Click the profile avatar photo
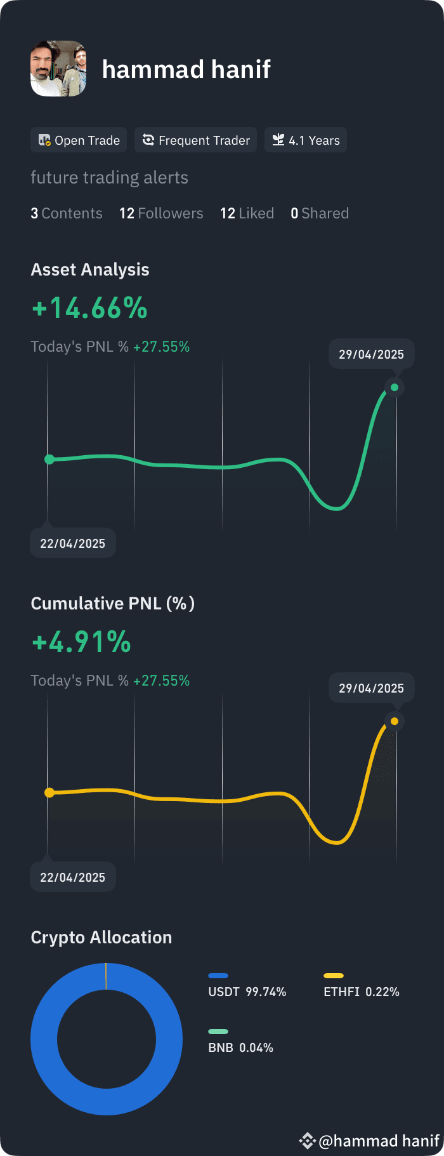click(x=58, y=69)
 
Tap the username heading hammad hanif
click(x=186, y=69)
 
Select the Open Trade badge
click(x=79, y=140)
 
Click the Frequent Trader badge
click(x=196, y=140)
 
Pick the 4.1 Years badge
click(x=306, y=140)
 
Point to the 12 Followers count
click(x=161, y=213)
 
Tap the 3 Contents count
click(x=67, y=213)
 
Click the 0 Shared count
click(x=320, y=213)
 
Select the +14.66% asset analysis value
click(x=89, y=309)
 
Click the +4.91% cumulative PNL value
click(x=81, y=642)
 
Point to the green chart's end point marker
click(x=395, y=387)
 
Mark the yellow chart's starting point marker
click(x=49, y=793)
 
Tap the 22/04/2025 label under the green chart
click(x=73, y=543)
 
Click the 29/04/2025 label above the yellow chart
click(x=372, y=688)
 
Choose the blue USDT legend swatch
click(x=218, y=976)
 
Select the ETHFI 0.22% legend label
click(x=362, y=992)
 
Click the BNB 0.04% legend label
click(x=241, y=1047)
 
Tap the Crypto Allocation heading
click(x=101, y=938)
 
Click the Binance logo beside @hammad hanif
click(x=307, y=1141)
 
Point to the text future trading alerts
click(x=110, y=178)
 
